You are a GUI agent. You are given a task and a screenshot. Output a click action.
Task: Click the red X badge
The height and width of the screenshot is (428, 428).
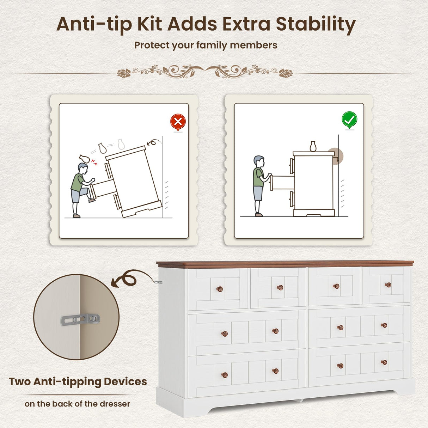(178, 122)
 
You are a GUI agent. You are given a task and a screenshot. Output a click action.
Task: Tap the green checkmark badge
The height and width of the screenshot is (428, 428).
(349, 120)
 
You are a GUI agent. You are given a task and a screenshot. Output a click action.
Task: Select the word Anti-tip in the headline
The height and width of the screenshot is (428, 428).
(94, 24)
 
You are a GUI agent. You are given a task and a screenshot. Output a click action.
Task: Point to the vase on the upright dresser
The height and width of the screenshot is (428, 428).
(313, 146)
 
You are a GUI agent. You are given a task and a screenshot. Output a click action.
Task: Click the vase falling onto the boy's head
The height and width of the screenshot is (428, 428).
(84, 158)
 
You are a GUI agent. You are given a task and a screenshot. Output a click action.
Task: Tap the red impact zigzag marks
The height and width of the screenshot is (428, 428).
(94, 162)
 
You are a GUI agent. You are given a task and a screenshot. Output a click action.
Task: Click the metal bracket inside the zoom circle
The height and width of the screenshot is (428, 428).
(80, 320)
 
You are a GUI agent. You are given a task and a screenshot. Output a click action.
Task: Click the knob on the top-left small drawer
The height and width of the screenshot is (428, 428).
(219, 289)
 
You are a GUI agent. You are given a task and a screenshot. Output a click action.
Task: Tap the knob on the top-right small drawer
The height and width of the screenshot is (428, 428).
(388, 285)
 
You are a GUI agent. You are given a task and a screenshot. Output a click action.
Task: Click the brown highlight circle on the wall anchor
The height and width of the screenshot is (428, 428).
(336, 156)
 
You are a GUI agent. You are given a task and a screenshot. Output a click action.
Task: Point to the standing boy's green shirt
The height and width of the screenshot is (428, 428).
(258, 177)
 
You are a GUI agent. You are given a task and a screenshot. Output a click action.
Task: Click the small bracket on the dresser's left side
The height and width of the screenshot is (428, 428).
(158, 282)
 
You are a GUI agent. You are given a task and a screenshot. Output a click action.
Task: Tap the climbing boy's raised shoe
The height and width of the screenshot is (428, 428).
(92, 201)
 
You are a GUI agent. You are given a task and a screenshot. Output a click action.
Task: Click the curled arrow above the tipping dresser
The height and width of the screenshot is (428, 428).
(154, 142)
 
